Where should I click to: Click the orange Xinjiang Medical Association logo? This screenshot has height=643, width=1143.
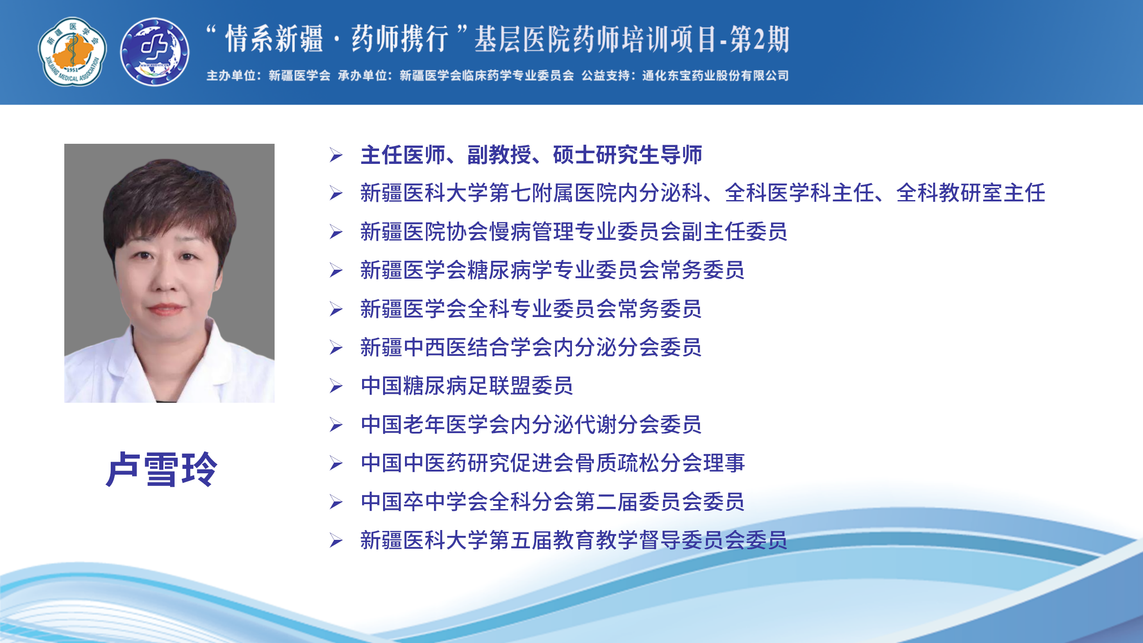coord(72,52)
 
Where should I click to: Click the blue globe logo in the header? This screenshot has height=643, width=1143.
coord(154,52)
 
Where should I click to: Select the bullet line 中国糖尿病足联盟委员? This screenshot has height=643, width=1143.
coord(467,386)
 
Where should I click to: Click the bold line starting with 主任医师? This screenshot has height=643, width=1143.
coord(531,155)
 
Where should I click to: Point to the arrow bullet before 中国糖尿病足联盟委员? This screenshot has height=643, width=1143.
coord(336,386)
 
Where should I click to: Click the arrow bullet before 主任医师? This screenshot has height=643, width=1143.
coord(336,155)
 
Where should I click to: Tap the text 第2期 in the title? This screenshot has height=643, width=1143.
coord(760,39)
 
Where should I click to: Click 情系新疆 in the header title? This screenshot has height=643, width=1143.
coord(274,39)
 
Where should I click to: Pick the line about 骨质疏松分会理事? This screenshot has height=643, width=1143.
coord(553,463)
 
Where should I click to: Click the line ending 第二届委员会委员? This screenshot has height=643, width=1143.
coord(553,502)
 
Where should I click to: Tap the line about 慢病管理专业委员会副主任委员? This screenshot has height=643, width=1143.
coord(574,232)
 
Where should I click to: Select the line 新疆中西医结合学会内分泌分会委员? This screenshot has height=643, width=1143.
coord(531,347)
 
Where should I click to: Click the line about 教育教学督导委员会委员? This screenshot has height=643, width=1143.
coord(574,540)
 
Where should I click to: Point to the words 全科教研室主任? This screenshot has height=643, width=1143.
coord(971,193)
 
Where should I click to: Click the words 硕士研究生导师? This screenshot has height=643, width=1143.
coord(627,155)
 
